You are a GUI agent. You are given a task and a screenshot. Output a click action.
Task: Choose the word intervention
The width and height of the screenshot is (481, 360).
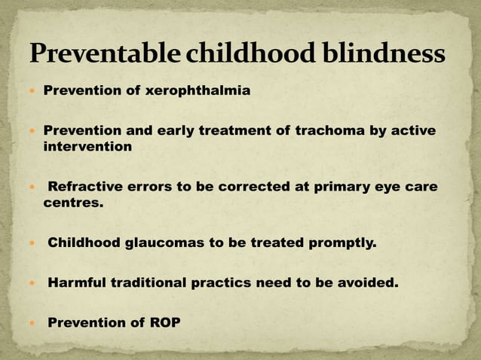87,147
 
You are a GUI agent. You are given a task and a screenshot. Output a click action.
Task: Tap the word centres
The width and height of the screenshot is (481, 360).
73,203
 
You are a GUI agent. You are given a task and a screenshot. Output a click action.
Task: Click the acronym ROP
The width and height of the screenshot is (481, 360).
164,323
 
